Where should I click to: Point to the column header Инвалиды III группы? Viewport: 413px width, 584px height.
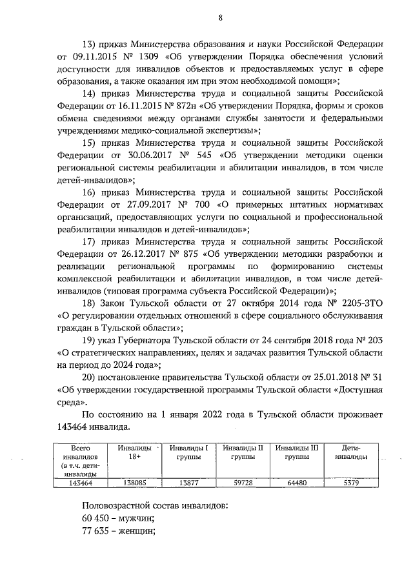coord(297,452)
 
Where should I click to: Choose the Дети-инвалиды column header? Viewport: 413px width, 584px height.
coord(351,452)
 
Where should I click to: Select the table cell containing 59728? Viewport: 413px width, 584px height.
coord(242,481)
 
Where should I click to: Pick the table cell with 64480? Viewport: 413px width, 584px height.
coord(297,481)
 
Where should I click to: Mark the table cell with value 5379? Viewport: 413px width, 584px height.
coord(351,481)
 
